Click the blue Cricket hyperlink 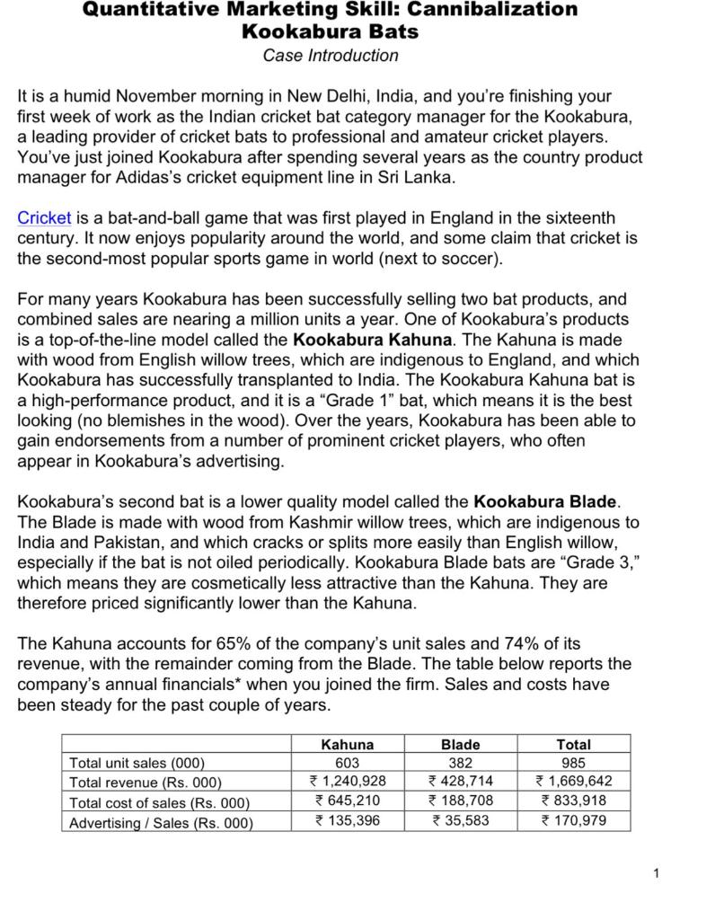[x=44, y=218]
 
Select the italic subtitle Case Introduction [x=331, y=56]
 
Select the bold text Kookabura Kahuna [x=373, y=340]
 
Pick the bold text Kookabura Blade [x=546, y=501]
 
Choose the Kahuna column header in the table [x=347, y=745]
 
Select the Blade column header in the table [x=460, y=745]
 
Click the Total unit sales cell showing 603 [x=347, y=763]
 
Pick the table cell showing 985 [x=573, y=763]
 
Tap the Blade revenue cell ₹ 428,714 [x=460, y=782]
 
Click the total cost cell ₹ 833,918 [x=573, y=801]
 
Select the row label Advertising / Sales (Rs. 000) [x=161, y=822]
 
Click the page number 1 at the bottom [x=657, y=873]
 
